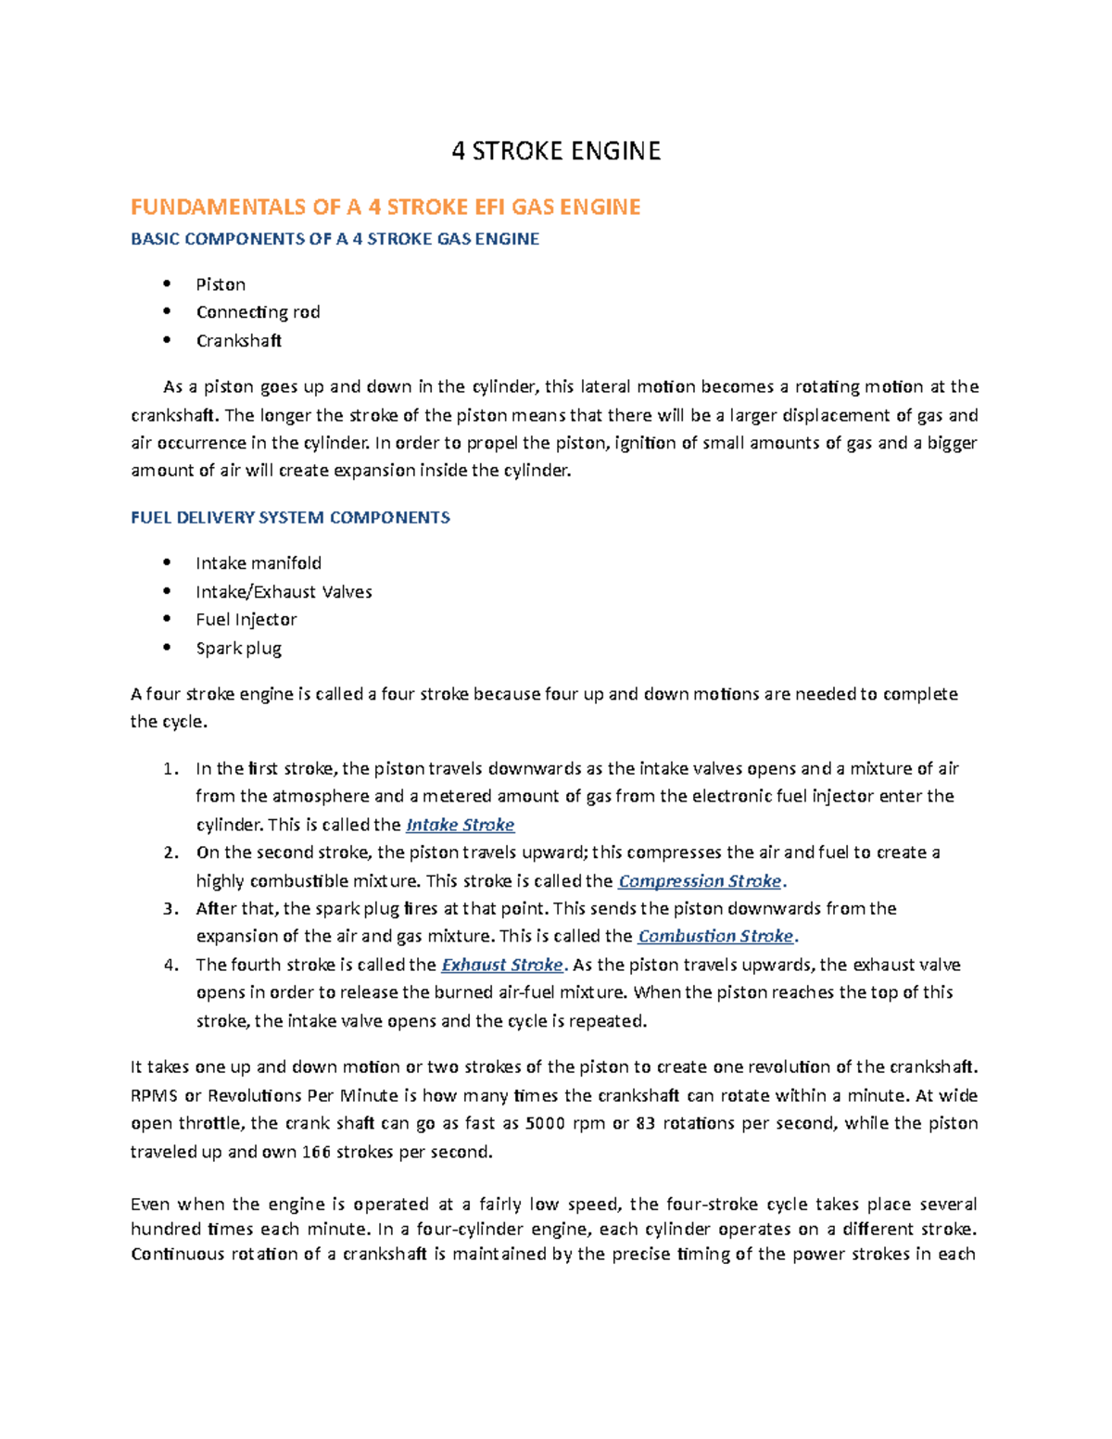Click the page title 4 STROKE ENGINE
[x=556, y=151]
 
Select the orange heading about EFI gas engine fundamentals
[x=385, y=207]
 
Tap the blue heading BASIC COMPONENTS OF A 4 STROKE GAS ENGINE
[x=335, y=239]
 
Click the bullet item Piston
[x=221, y=284]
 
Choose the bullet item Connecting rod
[x=258, y=312]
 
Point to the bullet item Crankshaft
[x=238, y=341]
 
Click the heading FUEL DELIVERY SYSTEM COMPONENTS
[x=290, y=518]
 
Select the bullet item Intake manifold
[x=259, y=563]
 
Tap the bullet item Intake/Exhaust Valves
[x=284, y=592]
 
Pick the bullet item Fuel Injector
[x=246, y=620]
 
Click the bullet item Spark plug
[x=238, y=649]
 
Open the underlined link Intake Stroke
[x=460, y=825]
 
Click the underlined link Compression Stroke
[x=700, y=881]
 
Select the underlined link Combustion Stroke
[x=715, y=936]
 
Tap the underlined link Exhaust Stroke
[x=501, y=965]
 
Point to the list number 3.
[x=170, y=909]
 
